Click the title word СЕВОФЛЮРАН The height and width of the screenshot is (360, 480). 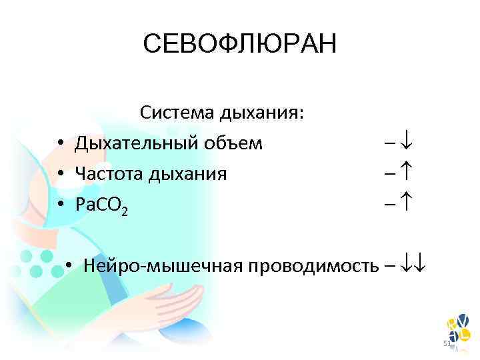coord(240,45)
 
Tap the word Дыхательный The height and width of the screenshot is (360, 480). coord(129,143)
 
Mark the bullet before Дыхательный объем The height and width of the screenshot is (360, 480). coord(60,144)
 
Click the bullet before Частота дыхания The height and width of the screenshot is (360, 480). coord(60,175)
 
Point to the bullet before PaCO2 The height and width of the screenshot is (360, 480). coord(60,207)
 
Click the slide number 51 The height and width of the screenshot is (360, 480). coord(447,343)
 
